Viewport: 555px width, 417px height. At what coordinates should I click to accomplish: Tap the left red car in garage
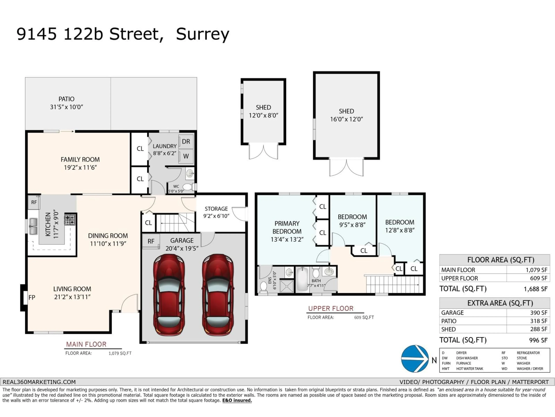pyautogui.click(x=169, y=295)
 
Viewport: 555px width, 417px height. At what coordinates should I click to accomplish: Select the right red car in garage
pyautogui.click(x=218, y=295)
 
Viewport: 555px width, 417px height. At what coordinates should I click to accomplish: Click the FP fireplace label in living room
pyautogui.click(x=32, y=298)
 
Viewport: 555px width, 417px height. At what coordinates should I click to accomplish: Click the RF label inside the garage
pyautogui.click(x=151, y=241)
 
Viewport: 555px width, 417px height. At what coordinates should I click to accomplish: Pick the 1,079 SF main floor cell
pyautogui.click(x=536, y=270)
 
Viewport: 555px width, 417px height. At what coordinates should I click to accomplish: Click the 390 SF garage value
pyautogui.click(x=538, y=313)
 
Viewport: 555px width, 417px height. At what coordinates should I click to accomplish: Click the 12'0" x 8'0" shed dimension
pyautogui.click(x=263, y=115)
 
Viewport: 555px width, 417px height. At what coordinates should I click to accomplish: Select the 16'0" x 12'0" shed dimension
pyautogui.click(x=346, y=119)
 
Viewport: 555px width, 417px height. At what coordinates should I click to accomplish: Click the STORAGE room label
pyautogui.click(x=216, y=209)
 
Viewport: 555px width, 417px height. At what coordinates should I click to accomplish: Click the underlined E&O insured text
pyautogui.click(x=237, y=400)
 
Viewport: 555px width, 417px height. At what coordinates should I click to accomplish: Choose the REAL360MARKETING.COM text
pyautogui.click(x=39, y=382)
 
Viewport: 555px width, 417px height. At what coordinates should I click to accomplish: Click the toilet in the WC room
pyautogui.click(x=188, y=187)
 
